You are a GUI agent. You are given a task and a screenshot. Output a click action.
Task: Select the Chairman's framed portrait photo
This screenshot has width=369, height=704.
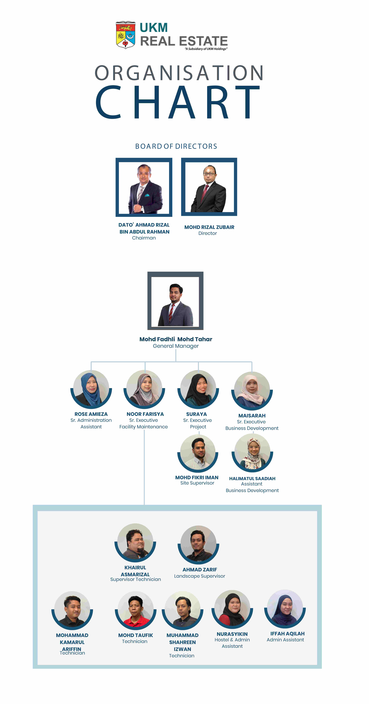pyautogui.click(x=144, y=187)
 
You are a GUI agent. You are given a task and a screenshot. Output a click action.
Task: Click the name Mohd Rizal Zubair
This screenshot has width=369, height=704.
pyautogui.click(x=209, y=227)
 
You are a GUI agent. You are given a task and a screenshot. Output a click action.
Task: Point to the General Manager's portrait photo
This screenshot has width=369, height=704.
pyautogui.click(x=175, y=301)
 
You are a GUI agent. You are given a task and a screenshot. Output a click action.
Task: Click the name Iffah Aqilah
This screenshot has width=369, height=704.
pyautogui.click(x=287, y=634)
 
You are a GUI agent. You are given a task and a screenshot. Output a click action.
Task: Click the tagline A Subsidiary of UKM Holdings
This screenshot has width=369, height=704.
pyautogui.click(x=206, y=49)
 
